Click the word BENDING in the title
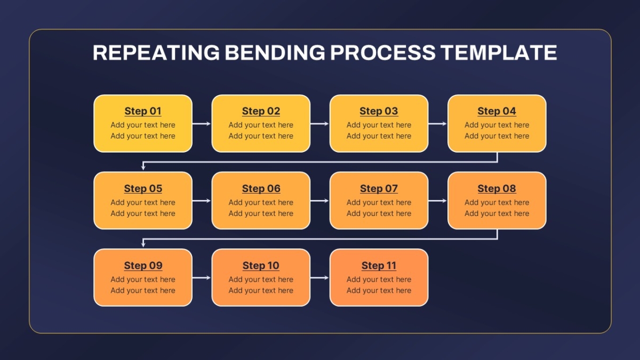click(x=275, y=52)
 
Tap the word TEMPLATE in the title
click(x=499, y=52)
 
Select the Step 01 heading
click(x=143, y=111)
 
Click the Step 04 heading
click(x=497, y=111)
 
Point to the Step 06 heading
click(x=261, y=189)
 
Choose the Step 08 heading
click(x=497, y=189)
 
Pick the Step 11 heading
click(x=379, y=266)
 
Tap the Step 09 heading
click(x=143, y=266)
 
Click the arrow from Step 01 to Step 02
click(x=202, y=124)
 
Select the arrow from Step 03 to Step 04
click(x=437, y=124)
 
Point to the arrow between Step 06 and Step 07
click(x=319, y=201)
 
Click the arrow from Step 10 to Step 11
click(x=319, y=278)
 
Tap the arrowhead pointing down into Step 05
click(x=143, y=167)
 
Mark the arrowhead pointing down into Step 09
click(x=143, y=244)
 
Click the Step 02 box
click(x=261, y=123)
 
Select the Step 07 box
click(x=379, y=201)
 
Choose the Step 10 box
click(x=261, y=277)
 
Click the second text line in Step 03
click(x=379, y=136)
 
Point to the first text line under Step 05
click(x=143, y=203)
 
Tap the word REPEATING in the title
click(x=156, y=52)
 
